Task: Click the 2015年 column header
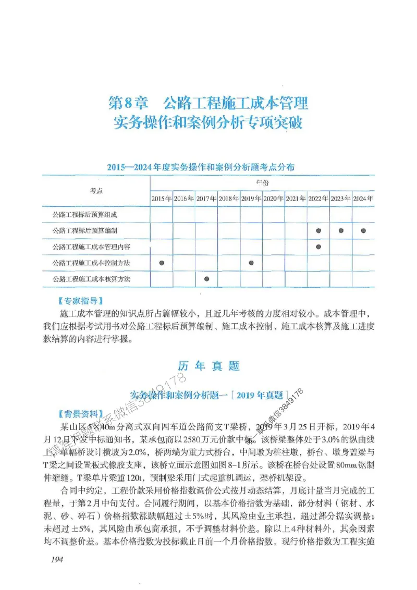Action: click(162, 199)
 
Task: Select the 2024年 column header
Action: click(363, 199)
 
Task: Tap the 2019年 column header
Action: click(251, 199)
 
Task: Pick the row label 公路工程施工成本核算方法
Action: click(91, 279)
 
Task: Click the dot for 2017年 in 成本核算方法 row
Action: click(207, 279)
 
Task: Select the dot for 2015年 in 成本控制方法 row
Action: click(162, 263)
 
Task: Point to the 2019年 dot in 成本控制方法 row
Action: click(251, 263)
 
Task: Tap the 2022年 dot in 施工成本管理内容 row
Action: click(318, 247)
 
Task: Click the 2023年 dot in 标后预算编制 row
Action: click(341, 230)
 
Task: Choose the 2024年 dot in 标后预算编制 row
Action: click(363, 230)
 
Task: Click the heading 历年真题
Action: click(208, 366)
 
